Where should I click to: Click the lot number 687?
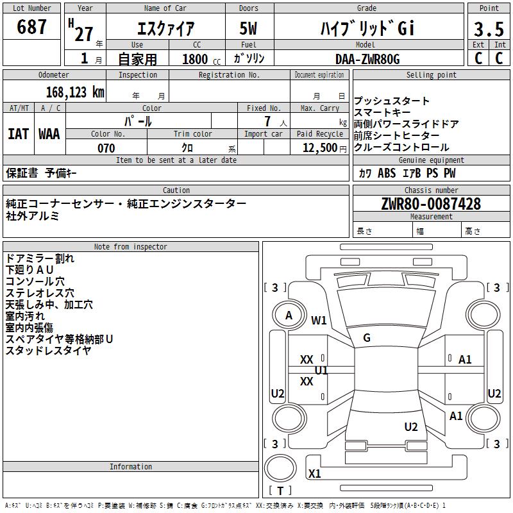(x=31, y=27)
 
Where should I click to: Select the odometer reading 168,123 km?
(x=75, y=92)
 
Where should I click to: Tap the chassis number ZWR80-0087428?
(x=431, y=204)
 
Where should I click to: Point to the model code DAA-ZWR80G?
(x=367, y=59)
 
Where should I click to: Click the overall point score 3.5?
(x=489, y=29)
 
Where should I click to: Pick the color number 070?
(x=106, y=148)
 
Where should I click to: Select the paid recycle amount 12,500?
(x=319, y=148)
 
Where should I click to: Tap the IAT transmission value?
(x=18, y=134)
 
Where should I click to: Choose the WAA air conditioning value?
(x=49, y=134)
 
